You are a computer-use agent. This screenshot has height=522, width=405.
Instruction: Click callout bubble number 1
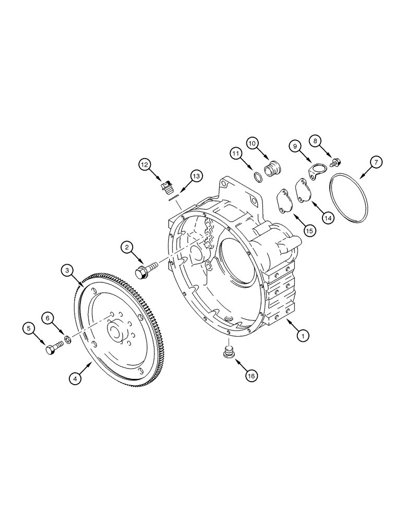[x=301, y=336]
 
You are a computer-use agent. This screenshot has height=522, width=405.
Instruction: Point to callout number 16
[x=252, y=374]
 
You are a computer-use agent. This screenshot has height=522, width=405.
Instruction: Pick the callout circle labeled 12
[x=144, y=165]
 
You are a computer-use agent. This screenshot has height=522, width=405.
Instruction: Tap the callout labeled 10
[x=252, y=143]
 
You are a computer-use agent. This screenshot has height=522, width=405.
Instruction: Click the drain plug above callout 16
[x=228, y=353]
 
